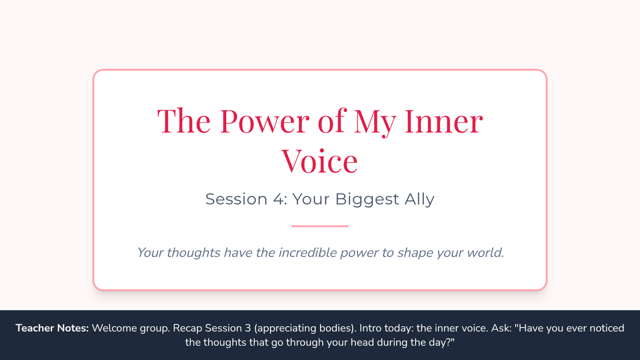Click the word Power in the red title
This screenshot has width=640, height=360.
click(x=265, y=121)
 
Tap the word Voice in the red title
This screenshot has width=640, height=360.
click(x=319, y=161)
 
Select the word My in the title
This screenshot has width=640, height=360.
click(x=375, y=123)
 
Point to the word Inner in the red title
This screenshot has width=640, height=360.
click(x=444, y=121)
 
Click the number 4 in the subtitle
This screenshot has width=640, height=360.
click(x=278, y=199)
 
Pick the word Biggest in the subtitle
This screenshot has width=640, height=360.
click(x=367, y=199)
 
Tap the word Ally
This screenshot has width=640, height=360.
click(x=419, y=199)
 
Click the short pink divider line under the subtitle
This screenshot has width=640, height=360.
click(x=319, y=226)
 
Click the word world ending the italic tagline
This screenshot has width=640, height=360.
click(x=485, y=253)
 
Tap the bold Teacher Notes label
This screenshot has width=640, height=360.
click(x=52, y=328)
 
